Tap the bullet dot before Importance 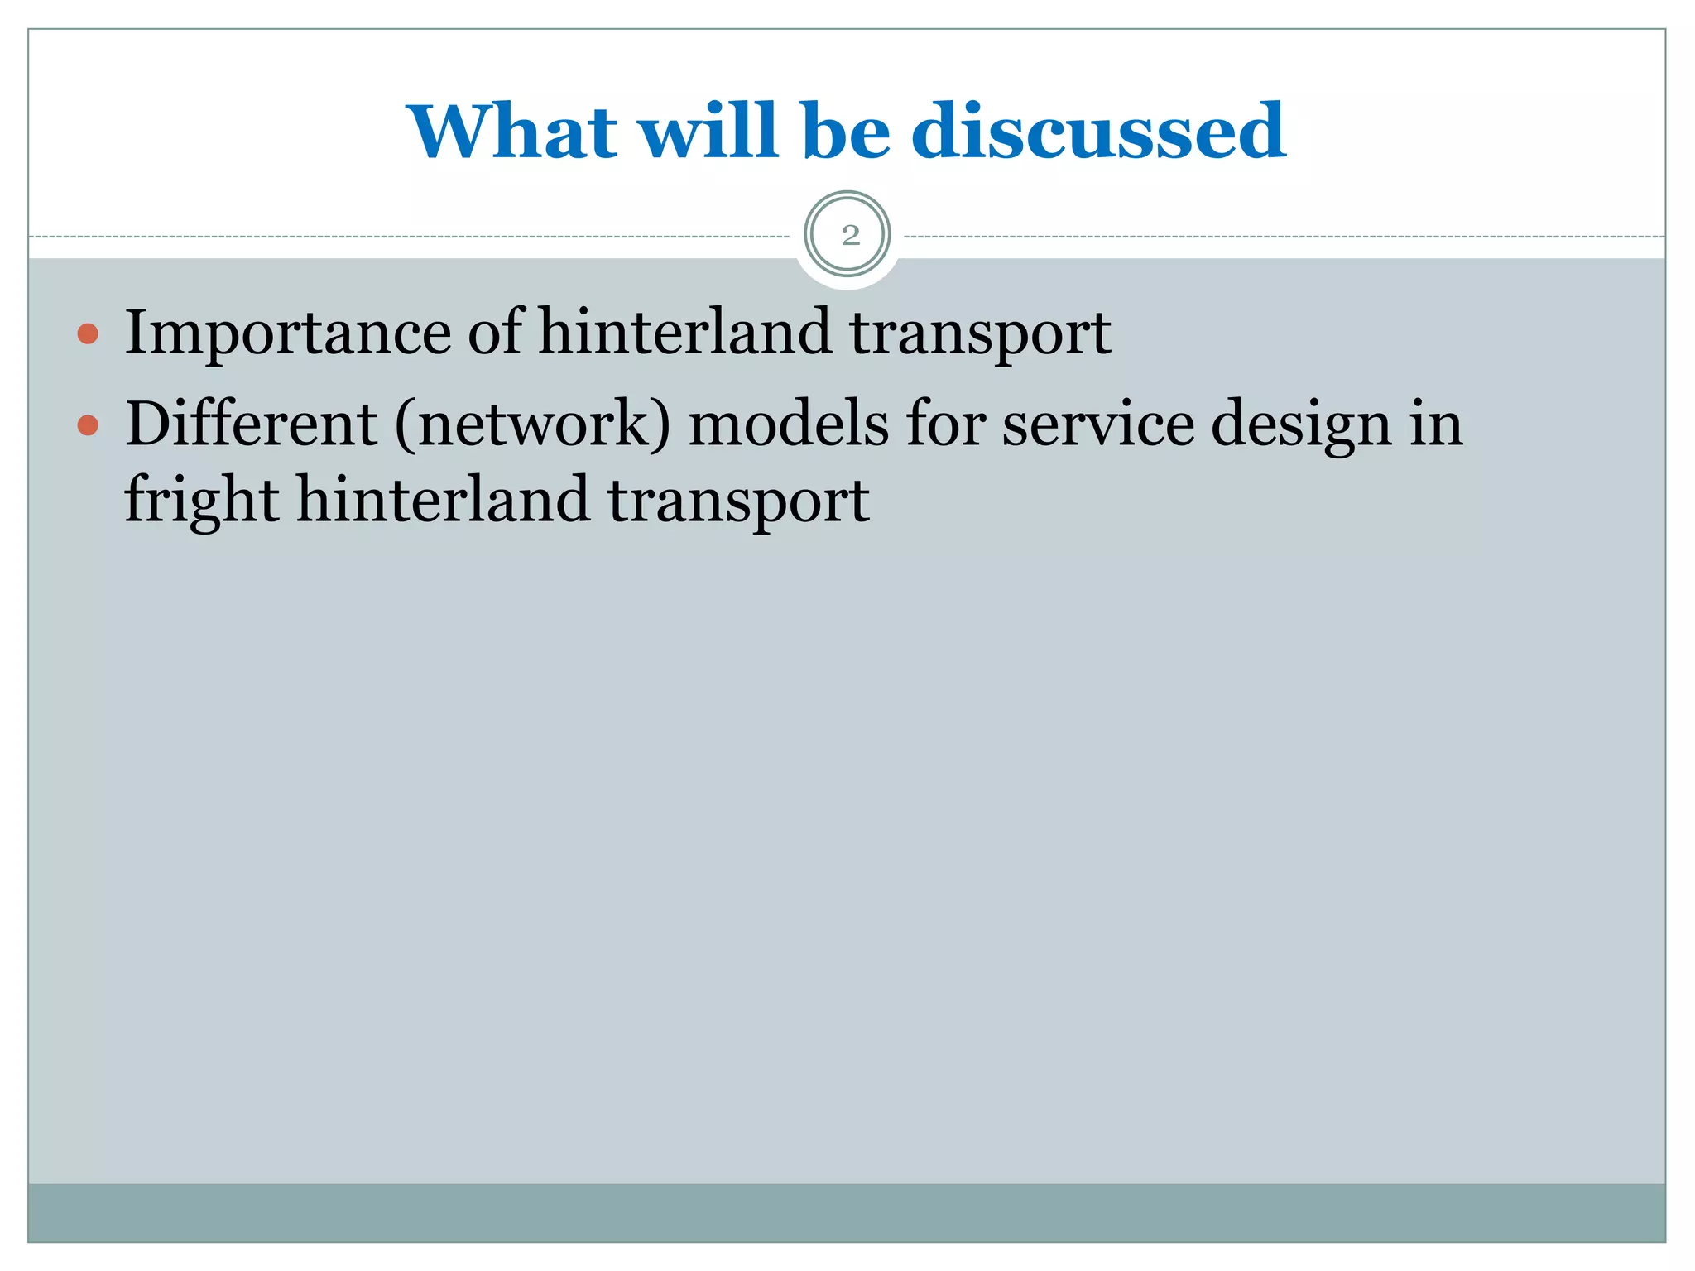pyautogui.click(x=88, y=334)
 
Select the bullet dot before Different pyautogui.click(x=88, y=425)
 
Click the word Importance pyautogui.click(x=287, y=333)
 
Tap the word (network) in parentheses pyautogui.click(x=532, y=424)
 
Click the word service pyautogui.click(x=1097, y=424)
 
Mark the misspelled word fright pyautogui.click(x=202, y=501)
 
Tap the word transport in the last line pyautogui.click(x=738, y=501)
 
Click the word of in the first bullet pyautogui.click(x=495, y=333)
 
